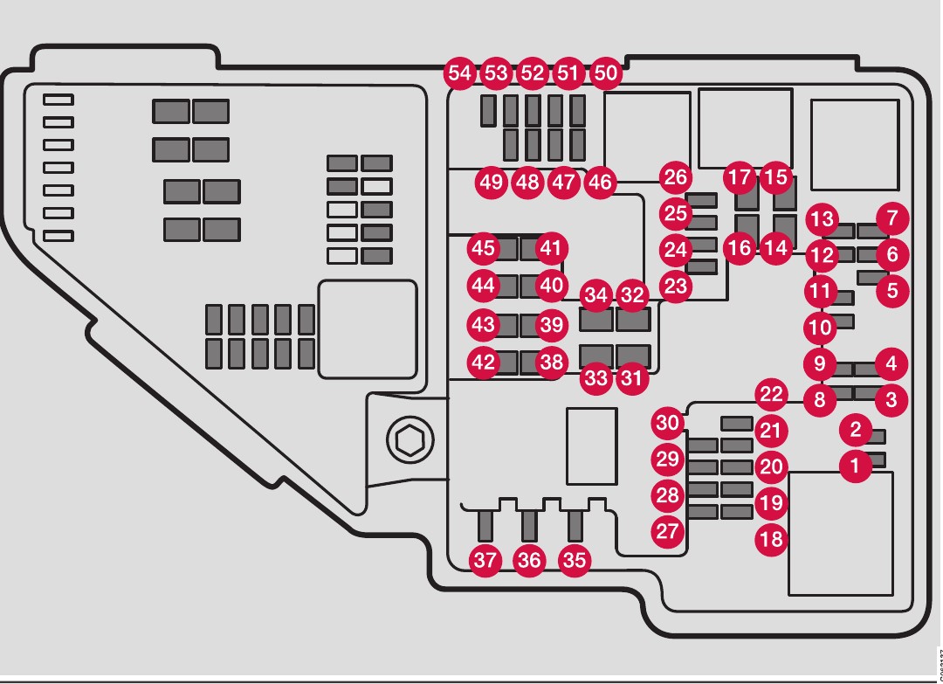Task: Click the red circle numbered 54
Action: coord(459,73)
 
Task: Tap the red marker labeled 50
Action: coord(604,73)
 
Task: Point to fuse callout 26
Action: coord(675,177)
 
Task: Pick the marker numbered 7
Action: coord(891,217)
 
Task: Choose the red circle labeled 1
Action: coord(856,466)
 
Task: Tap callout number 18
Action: coord(771,539)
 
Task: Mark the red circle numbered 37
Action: coord(485,560)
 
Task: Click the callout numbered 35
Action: coord(575,560)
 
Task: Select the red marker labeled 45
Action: coord(483,248)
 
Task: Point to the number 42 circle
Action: coord(483,362)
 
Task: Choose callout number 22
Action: coord(771,394)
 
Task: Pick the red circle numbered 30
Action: coord(668,424)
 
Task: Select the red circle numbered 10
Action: coord(820,328)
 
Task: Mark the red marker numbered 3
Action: coord(891,400)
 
